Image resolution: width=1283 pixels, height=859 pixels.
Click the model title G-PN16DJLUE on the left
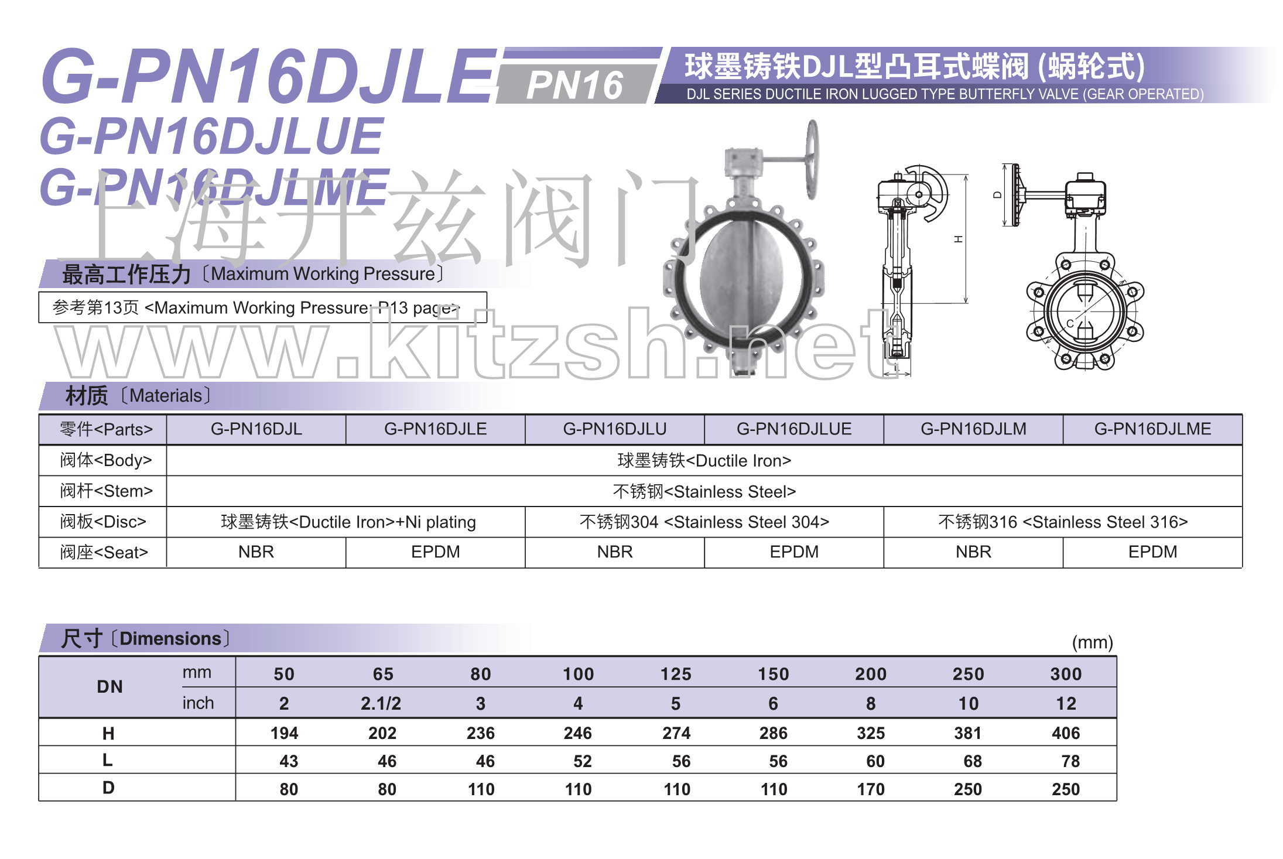211,136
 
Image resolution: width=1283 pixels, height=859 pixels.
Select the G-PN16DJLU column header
615,429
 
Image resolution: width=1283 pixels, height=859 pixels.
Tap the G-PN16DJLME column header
1152,429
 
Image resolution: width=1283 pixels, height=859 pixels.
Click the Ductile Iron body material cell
704,461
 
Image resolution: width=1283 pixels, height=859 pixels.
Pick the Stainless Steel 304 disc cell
704,522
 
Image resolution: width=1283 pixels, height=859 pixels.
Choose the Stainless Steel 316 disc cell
1063,522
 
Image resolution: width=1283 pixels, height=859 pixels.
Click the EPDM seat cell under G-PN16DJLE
436,552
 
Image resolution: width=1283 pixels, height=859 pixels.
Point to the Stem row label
106,491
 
